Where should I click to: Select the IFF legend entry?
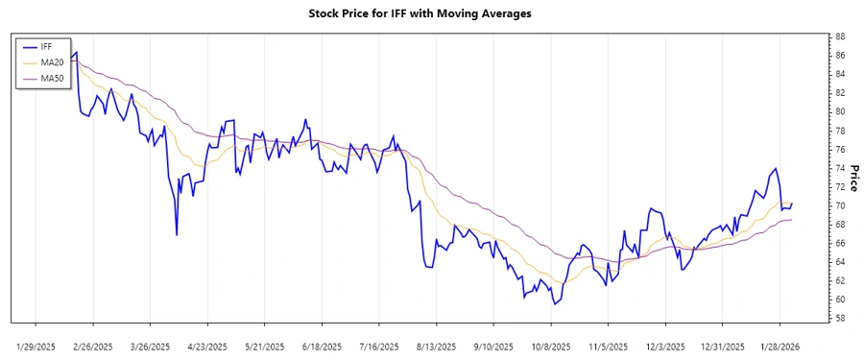tap(46, 46)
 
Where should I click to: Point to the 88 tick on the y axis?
tap(839, 36)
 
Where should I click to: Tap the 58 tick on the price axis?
tap(839, 318)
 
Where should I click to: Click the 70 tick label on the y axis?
tap(839, 205)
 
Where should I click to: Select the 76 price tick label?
tap(839, 149)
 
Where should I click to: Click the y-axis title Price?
tap(853, 179)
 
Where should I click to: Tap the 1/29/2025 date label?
tap(36, 346)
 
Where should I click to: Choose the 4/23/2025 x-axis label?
tap(206, 346)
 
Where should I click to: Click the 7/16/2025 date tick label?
tap(377, 346)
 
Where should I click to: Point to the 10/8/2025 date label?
tap(550, 346)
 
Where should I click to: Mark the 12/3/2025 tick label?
tap(664, 346)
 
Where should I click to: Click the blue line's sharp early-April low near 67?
tap(177, 234)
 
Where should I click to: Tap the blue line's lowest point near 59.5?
tap(554, 304)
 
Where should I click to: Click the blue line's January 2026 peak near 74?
tap(775, 169)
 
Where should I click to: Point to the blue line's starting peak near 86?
tap(76, 52)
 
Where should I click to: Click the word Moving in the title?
tap(450, 14)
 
